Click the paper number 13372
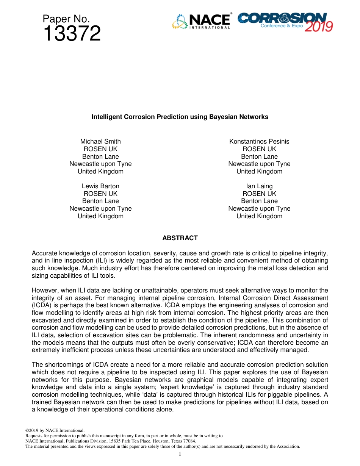tap(72, 34)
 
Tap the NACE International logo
tap(201, 21)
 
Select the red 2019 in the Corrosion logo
tap(319, 27)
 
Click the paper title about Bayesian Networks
tap(180, 117)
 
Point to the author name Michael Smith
tap(100, 141)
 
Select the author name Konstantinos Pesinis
tap(259, 141)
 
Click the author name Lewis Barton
tap(100, 186)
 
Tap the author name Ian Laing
tap(259, 186)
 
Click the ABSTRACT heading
tap(180, 238)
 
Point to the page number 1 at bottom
tap(180, 454)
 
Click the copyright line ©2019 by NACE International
tap(55, 430)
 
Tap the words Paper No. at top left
tap(66, 19)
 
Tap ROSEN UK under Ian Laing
tap(259, 194)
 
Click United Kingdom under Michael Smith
tap(100, 171)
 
